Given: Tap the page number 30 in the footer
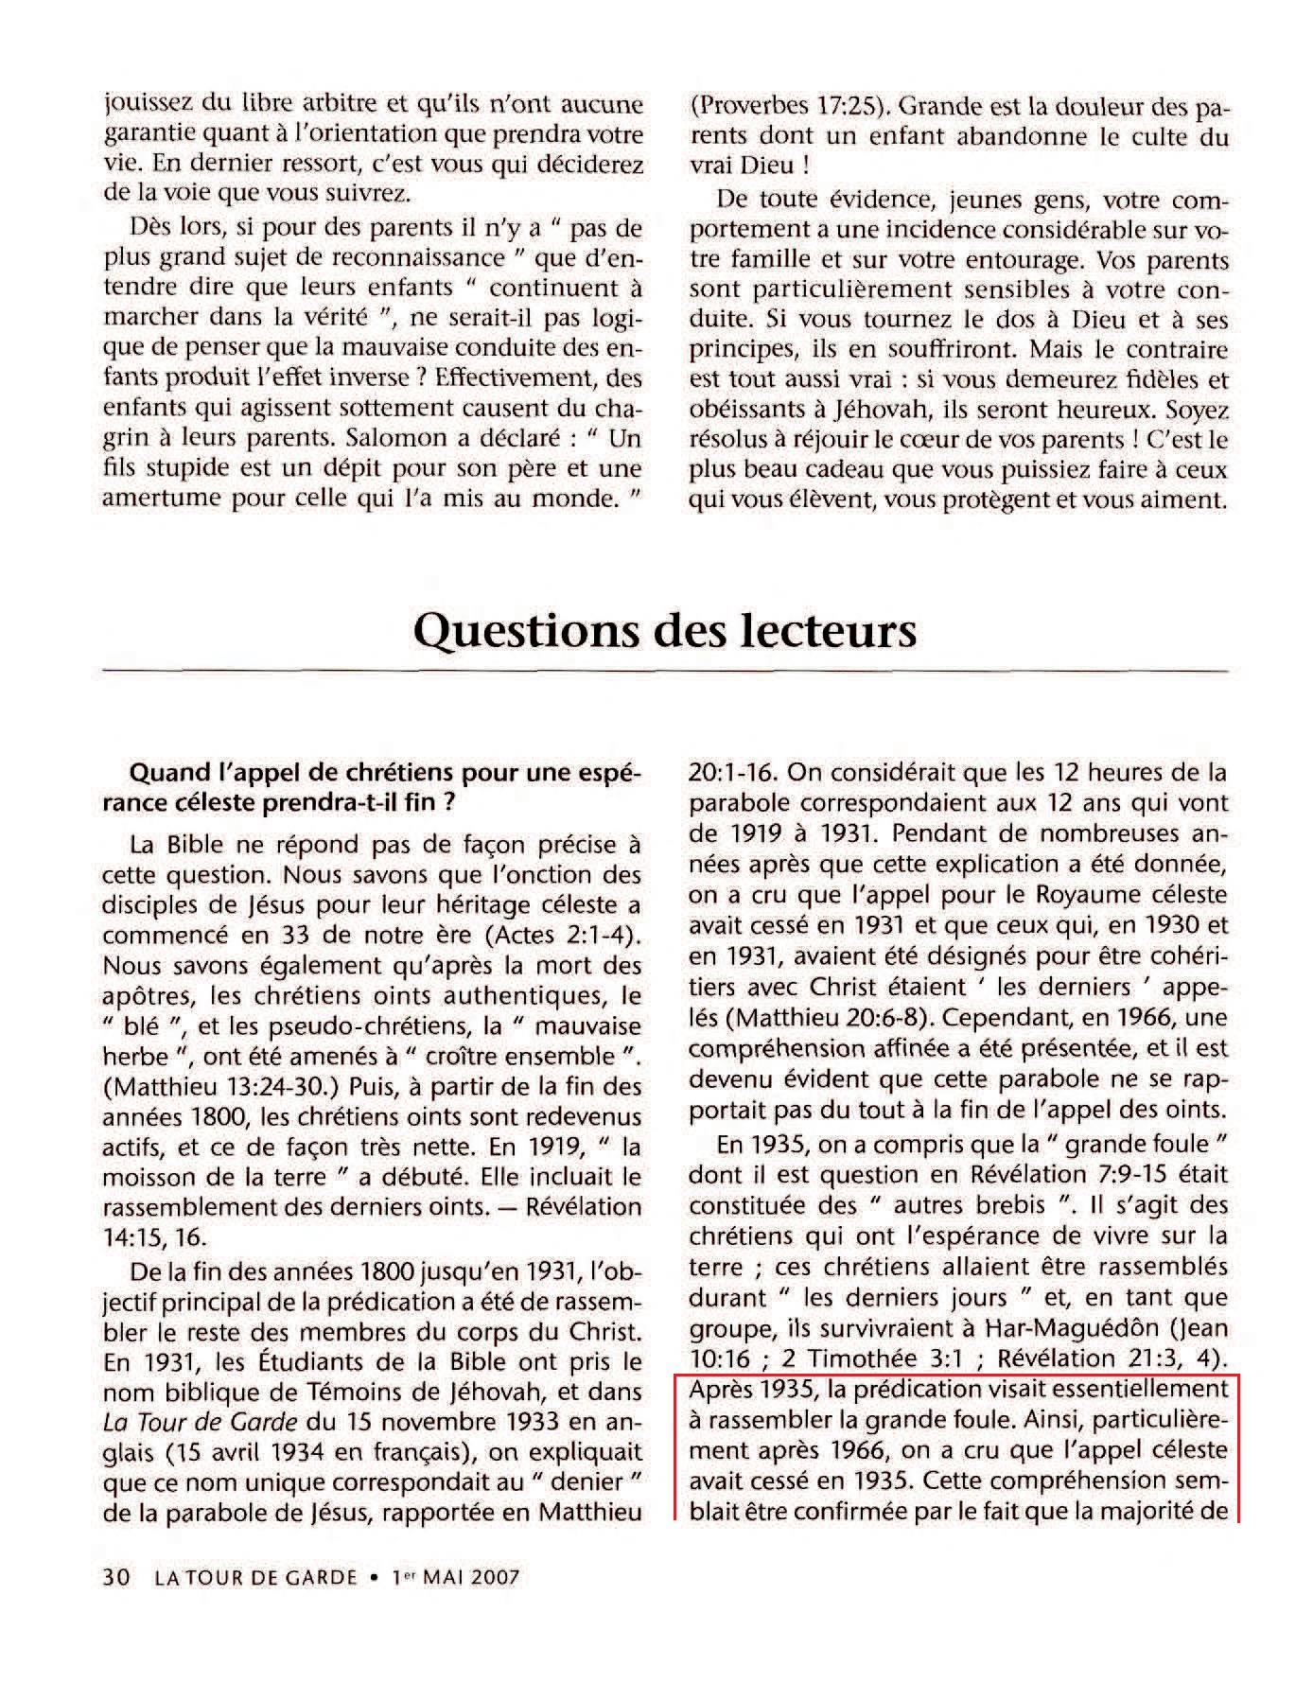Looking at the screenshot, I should click(115, 1577).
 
